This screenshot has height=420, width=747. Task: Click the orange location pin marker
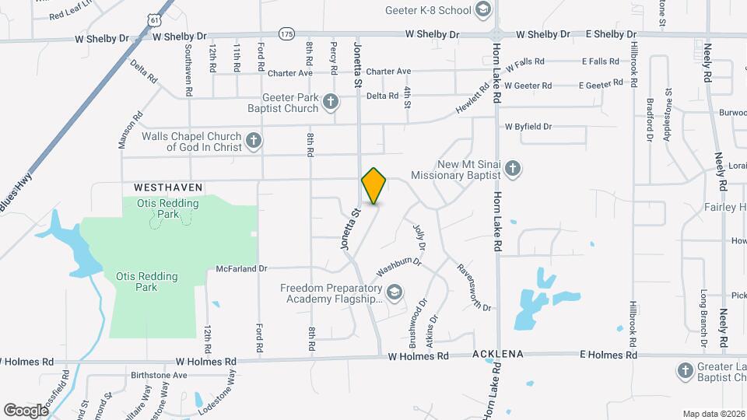373,186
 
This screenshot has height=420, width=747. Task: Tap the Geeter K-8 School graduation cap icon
483,10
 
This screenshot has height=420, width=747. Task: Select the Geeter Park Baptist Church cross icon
331,102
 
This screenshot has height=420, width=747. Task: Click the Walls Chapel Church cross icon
253,141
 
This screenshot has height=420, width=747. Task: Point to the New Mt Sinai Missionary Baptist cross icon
512,168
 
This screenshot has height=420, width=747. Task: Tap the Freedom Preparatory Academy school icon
395,292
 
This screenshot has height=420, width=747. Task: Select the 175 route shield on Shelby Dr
287,34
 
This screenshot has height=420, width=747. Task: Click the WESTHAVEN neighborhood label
168,187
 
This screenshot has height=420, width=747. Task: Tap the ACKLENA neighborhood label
498,355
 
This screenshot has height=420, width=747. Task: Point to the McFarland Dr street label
241,268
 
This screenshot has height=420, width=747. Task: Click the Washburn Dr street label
398,267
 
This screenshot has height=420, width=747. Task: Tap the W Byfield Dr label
528,126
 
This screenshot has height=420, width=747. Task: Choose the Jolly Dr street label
421,236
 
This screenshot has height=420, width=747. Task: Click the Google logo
26,410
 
